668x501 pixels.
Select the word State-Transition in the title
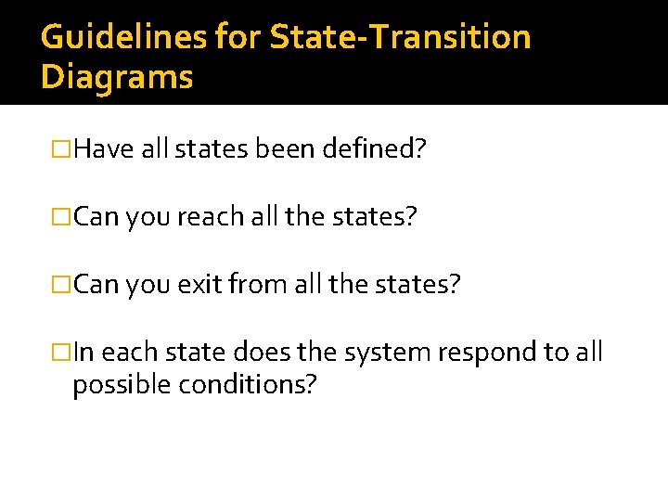401,38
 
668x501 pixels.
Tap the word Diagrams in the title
117,77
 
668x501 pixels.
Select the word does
262,353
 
